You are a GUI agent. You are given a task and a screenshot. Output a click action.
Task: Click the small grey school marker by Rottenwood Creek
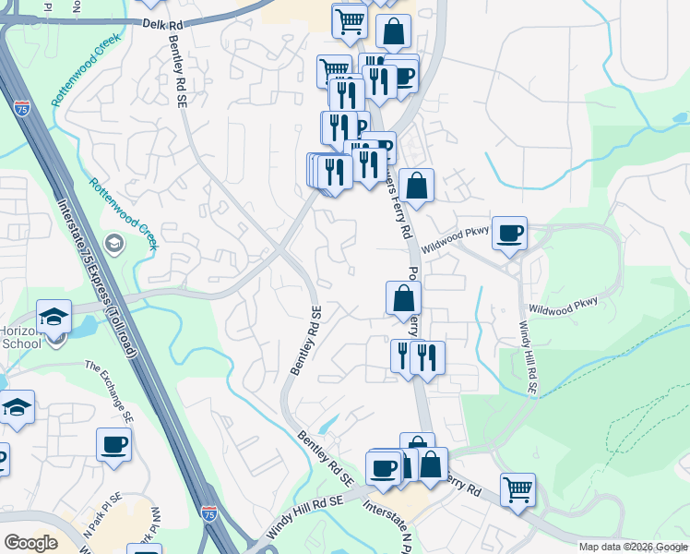(x=115, y=244)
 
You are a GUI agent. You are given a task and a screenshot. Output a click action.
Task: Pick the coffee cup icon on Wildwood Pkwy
(x=509, y=233)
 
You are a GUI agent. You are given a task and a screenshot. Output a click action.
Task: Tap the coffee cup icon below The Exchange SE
(x=113, y=444)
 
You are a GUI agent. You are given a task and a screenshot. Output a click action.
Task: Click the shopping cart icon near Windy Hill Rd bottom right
(x=518, y=488)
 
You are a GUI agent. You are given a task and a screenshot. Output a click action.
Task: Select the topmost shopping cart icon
(x=351, y=20)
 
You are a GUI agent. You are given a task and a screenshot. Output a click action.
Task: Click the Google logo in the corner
(x=30, y=543)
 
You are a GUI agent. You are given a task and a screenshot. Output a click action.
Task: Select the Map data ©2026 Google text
(x=632, y=547)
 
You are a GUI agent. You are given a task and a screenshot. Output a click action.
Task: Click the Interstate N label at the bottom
(x=387, y=523)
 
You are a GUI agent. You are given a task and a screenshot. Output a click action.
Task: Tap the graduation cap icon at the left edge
(x=16, y=407)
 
